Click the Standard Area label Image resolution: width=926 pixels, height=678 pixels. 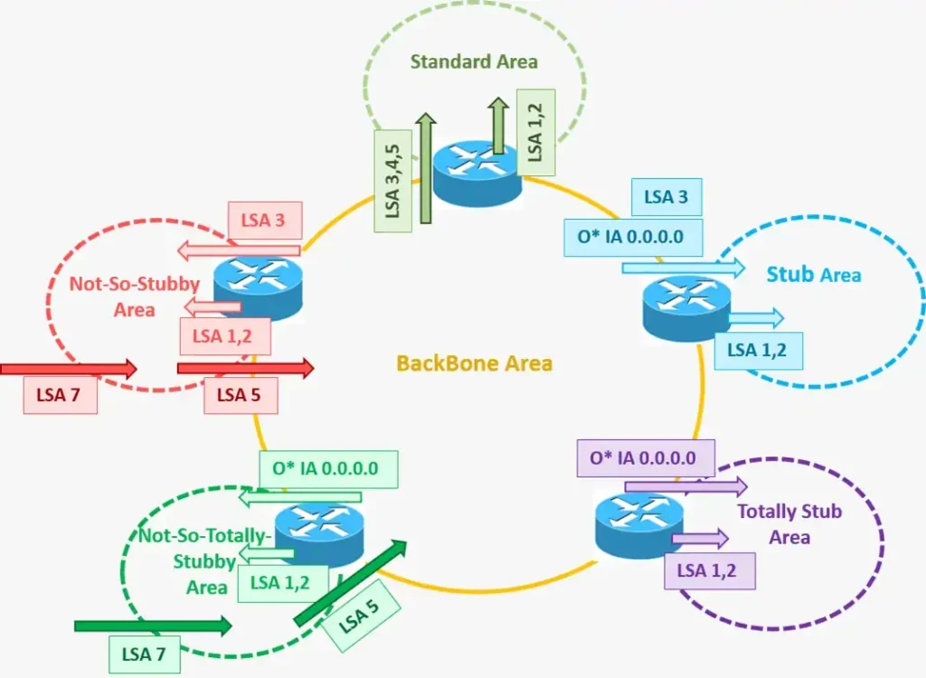(x=474, y=62)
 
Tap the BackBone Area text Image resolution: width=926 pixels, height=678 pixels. (x=475, y=364)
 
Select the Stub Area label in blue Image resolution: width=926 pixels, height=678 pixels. (x=814, y=274)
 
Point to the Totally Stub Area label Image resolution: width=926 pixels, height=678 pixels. (x=789, y=524)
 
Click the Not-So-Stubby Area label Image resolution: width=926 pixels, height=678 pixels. (x=135, y=296)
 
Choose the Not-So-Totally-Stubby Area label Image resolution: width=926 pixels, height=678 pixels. (x=205, y=560)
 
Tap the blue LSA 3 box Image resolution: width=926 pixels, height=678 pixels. (x=666, y=197)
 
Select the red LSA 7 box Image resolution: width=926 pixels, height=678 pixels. (x=61, y=395)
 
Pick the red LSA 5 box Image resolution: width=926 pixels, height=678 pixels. (x=240, y=395)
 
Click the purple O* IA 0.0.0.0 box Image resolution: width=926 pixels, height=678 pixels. (x=643, y=458)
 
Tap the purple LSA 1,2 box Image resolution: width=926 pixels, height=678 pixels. (x=709, y=570)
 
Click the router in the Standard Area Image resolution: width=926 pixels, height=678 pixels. (x=477, y=172)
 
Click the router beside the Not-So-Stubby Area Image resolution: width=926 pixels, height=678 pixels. (x=258, y=285)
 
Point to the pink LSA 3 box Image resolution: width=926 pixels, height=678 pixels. (x=263, y=220)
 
